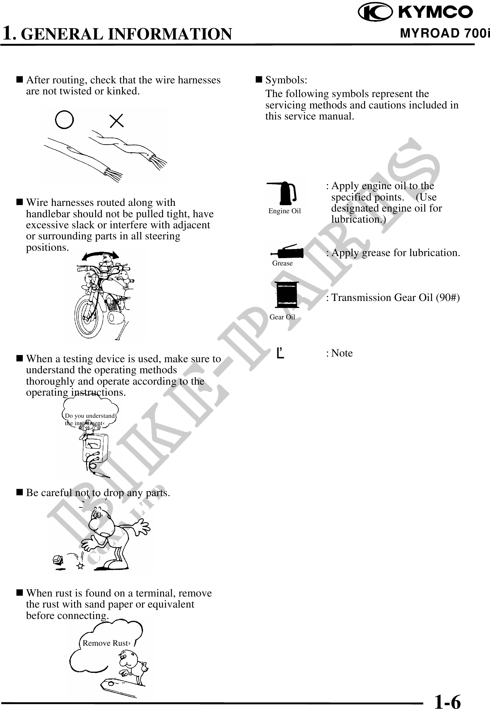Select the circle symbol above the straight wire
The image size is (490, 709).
(x=64, y=120)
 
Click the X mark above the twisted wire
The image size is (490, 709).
(x=117, y=121)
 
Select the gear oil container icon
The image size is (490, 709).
(x=286, y=295)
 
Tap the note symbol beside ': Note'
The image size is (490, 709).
(x=281, y=353)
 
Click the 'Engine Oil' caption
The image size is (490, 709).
(x=284, y=211)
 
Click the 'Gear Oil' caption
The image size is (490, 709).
(x=282, y=317)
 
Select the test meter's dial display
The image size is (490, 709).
(x=93, y=445)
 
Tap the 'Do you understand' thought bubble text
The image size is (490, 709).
(x=89, y=416)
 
